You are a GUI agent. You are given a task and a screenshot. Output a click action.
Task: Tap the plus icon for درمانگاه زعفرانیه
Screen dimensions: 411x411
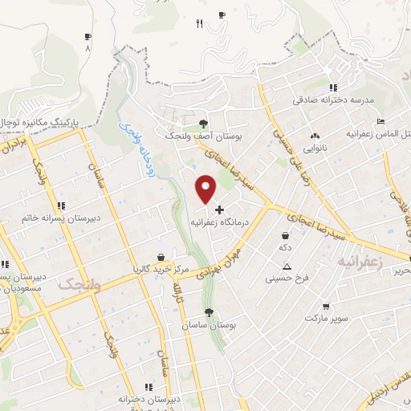(219, 209)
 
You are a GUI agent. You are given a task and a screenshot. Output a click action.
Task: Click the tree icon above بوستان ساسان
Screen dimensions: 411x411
(210, 312)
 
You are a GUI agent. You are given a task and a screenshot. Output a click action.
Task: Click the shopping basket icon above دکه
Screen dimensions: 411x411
(285, 236)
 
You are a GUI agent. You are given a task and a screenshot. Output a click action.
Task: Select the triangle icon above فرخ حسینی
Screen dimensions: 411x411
(287, 267)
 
